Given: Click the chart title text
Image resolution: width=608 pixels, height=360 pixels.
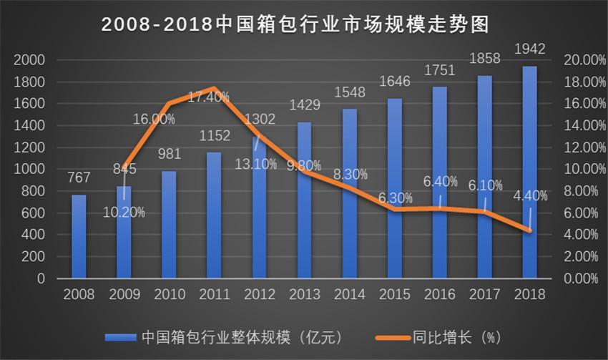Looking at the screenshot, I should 304,24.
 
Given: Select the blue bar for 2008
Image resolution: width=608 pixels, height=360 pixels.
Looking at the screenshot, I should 79,236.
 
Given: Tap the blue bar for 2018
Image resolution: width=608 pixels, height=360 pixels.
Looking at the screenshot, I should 529,172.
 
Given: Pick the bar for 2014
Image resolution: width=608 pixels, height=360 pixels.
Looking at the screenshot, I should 349,193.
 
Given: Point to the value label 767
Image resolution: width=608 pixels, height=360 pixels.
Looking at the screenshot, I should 79,178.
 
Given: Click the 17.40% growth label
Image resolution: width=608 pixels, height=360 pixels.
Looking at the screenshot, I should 208,96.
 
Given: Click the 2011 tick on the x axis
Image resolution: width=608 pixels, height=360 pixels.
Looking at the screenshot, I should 214,294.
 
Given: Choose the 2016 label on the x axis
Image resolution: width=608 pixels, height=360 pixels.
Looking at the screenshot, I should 439,294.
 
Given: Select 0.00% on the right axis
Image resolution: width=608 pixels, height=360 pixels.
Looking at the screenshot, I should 582,278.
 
